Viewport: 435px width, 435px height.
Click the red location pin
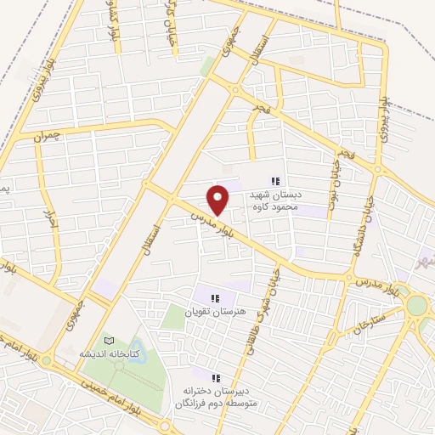pyautogui.click(x=218, y=200)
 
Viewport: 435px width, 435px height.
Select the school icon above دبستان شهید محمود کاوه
pyautogui.click(x=274, y=181)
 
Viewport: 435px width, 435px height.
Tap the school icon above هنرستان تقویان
pyautogui.click(x=215, y=297)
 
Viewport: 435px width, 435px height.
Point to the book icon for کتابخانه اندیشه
pyautogui.click(x=107, y=338)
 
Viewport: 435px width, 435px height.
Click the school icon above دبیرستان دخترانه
pyautogui.click(x=215, y=377)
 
